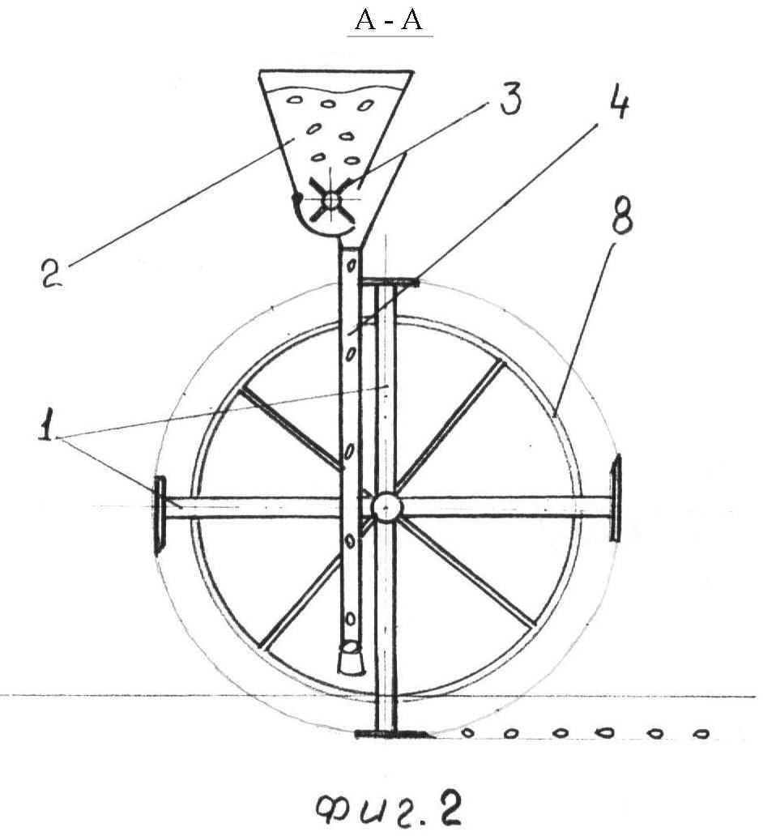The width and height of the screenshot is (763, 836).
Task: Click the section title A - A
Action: pos(389,20)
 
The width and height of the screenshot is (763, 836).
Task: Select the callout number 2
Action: pos(53,272)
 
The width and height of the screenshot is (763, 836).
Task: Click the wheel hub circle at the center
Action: pos(386,507)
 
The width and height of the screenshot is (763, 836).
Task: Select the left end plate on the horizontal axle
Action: pos(160,515)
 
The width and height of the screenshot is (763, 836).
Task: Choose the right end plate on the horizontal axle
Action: pos(616,497)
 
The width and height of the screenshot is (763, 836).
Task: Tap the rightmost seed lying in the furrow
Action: pos(701,734)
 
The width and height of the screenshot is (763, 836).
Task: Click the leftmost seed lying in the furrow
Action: pos(467,733)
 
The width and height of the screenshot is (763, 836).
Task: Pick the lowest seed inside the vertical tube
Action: pos(350,618)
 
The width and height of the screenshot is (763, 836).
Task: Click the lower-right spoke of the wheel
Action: pos(466,574)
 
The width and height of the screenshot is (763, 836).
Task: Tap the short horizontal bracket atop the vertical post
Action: pos(390,282)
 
